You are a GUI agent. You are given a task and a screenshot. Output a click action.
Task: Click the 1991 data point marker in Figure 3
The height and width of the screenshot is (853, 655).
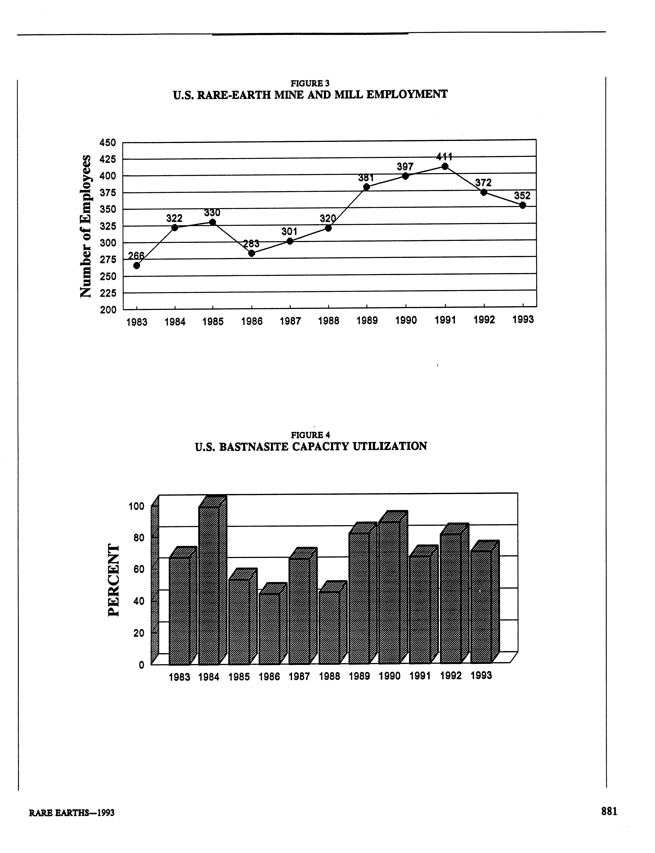coord(445,167)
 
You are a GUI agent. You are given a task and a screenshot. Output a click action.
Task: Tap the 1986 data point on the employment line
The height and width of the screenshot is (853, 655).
coord(251,253)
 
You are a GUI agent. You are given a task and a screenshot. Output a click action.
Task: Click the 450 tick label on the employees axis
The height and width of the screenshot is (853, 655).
coord(108,143)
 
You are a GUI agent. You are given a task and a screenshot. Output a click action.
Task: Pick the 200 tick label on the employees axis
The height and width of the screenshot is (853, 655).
coord(108,310)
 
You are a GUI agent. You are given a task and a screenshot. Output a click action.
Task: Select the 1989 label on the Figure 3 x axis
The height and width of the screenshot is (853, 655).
coord(367,321)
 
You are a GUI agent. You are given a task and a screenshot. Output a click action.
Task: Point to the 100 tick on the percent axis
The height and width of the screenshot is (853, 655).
coord(136,507)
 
